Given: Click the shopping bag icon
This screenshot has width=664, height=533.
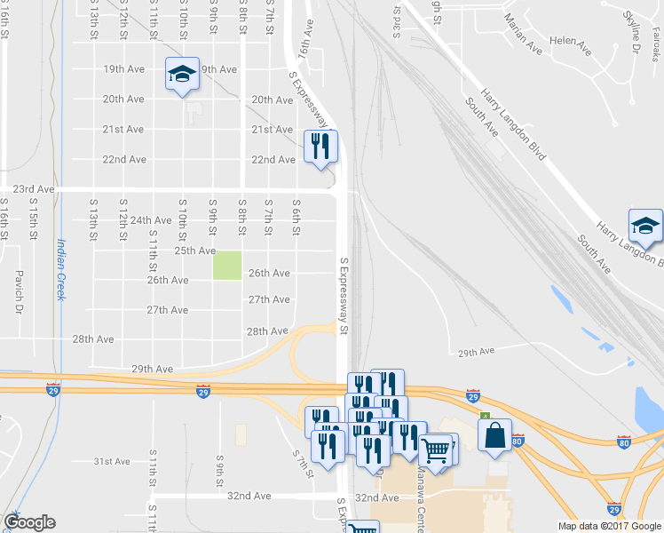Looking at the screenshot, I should click(x=494, y=435).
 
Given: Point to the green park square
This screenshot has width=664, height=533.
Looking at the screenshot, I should click(x=226, y=266).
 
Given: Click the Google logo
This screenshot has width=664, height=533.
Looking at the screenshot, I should click(x=29, y=522).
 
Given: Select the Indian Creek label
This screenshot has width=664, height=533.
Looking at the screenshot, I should click(x=61, y=269).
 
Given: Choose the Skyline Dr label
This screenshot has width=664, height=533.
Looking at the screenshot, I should click(x=630, y=32).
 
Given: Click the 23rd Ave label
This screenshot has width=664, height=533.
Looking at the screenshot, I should click(x=34, y=189).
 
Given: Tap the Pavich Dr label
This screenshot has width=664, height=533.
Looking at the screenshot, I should click(x=19, y=292).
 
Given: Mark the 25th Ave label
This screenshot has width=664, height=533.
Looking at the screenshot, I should click(x=194, y=251).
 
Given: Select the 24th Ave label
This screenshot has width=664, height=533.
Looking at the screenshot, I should click(x=151, y=219).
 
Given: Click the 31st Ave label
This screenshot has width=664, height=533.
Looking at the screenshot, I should click(x=113, y=461).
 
